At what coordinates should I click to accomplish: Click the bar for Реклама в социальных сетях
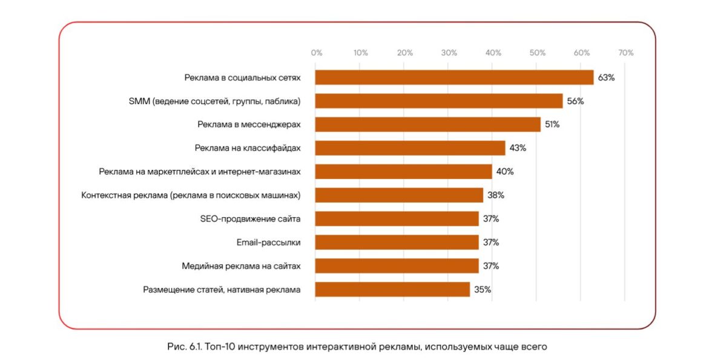tap(454, 77)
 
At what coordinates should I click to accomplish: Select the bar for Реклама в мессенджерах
tap(427, 125)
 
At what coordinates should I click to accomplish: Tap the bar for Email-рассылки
tap(397, 243)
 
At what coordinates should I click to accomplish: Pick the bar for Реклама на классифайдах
tap(410, 148)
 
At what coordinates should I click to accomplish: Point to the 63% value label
tap(606, 77)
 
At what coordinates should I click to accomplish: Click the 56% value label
tap(575, 101)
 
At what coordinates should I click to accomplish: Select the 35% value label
tap(483, 290)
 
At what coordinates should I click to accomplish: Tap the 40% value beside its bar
tap(505, 172)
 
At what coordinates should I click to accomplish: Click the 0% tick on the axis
tap(316, 53)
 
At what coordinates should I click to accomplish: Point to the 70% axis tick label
tap(625, 53)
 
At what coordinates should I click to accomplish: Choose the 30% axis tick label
tap(449, 53)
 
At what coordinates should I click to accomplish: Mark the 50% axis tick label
tap(537, 53)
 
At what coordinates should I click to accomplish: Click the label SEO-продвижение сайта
tap(250, 219)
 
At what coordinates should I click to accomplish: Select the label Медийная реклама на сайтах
tap(241, 266)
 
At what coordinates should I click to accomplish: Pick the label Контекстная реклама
tap(191, 195)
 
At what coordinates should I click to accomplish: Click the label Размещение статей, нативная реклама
tap(222, 290)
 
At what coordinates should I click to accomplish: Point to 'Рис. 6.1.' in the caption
tap(183, 347)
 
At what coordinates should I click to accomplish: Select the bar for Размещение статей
tap(392, 290)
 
